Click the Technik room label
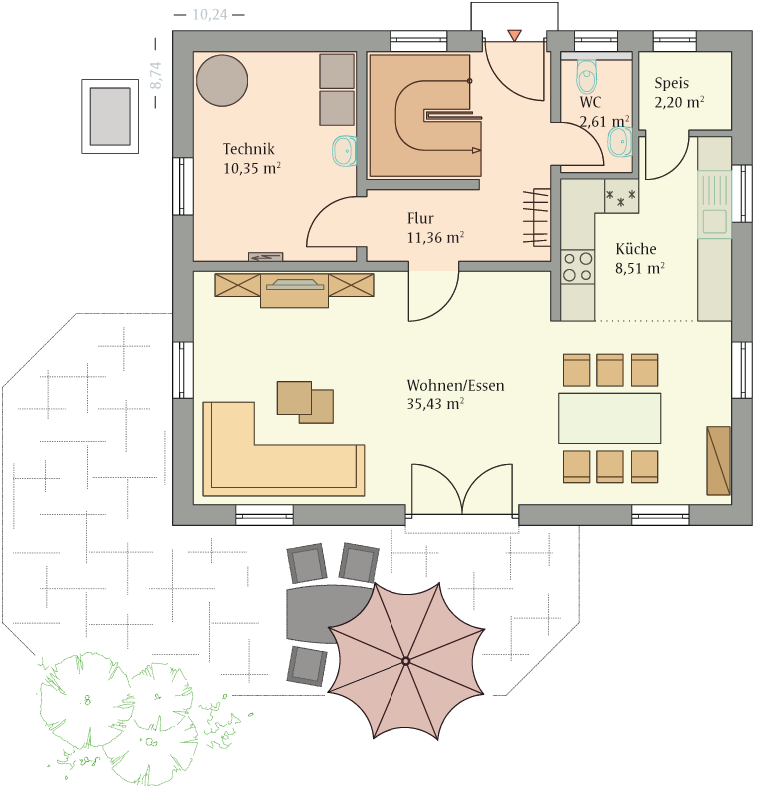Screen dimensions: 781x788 (249, 149)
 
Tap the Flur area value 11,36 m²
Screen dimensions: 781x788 (435, 238)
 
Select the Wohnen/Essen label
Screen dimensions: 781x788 (455, 385)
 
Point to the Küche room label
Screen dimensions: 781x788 (636, 249)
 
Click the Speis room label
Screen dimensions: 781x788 (671, 83)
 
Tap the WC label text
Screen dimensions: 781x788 (590, 102)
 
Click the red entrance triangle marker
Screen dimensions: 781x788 (514, 36)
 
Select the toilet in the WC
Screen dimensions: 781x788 (586, 76)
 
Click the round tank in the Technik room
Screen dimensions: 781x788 (222, 81)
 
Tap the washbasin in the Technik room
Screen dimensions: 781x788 (345, 150)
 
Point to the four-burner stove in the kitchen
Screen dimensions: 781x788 (577, 267)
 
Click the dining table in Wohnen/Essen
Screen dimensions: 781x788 (609, 418)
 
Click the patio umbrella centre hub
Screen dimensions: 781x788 (406, 660)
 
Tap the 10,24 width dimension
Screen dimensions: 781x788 (210, 15)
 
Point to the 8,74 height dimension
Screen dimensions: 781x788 (156, 75)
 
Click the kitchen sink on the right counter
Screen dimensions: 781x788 (714, 204)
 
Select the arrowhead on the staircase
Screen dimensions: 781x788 (476, 150)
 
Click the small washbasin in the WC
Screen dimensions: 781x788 (620, 142)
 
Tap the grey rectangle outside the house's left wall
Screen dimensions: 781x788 (110, 116)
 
